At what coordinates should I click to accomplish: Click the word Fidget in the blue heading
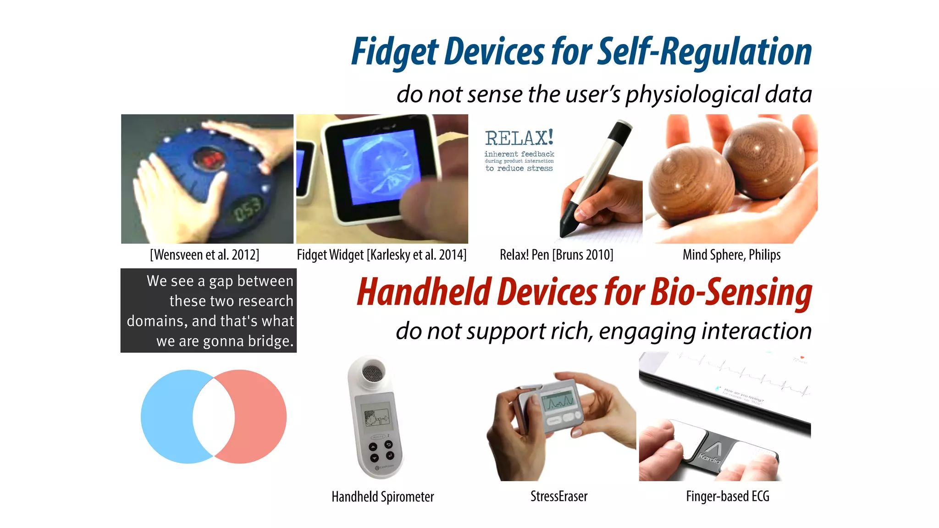pyautogui.click(x=395, y=52)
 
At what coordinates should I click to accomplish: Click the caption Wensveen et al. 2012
pyautogui.click(x=204, y=255)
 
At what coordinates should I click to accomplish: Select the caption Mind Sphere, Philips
pyautogui.click(x=731, y=255)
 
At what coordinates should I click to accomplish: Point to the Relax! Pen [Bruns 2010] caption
pyautogui.click(x=556, y=255)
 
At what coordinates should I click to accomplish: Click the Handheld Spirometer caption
pyautogui.click(x=382, y=496)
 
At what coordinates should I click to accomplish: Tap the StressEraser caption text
pyautogui.click(x=558, y=496)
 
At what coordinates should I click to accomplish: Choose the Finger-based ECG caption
pyautogui.click(x=727, y=496)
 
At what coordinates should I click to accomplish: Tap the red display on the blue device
pyautogui.click(x=209, y=159)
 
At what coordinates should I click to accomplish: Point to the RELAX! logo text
pyautogui.click(x=519, y=138)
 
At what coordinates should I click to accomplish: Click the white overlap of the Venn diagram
pyautogui.click(x=214, y=416)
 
